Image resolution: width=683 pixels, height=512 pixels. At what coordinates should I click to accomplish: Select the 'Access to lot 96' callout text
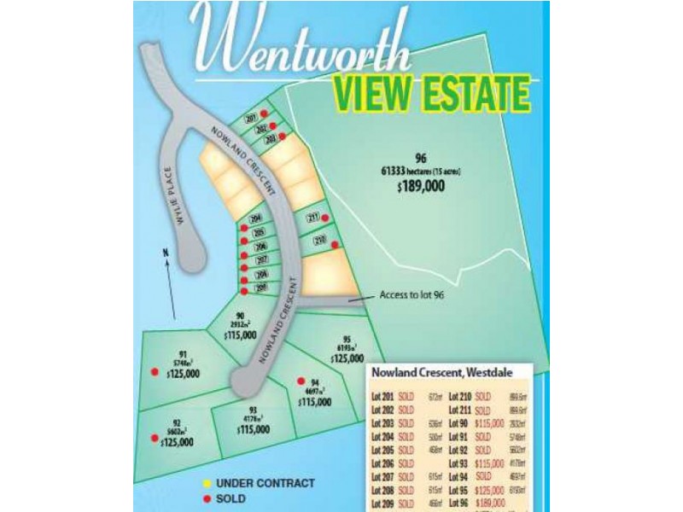pyautogui.click(x=415, y=296)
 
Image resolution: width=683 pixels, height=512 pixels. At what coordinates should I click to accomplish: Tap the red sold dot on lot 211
pyautogui.click(x=325, y=218)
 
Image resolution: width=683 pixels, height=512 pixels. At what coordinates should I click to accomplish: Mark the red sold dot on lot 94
pyautogui.click(x=300, y=381)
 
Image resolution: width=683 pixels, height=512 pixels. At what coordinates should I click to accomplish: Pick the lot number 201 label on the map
pyautogui.click(x=251, y=119)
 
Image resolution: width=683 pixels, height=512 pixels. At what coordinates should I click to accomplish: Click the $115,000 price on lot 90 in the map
pyautogui.click(x=241, y=336)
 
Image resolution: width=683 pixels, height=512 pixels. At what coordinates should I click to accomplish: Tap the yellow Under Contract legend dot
pyautogui.click(x=207, y=483)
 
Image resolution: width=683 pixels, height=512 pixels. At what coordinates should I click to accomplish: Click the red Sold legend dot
pyautogui.click(x=207, y=498)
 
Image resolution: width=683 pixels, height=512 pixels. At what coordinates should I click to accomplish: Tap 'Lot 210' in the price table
pyautogui.click(x=460, y=397)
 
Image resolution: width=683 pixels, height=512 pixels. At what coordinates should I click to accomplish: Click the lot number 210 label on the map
pyautogui.click(x=318, y=240)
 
